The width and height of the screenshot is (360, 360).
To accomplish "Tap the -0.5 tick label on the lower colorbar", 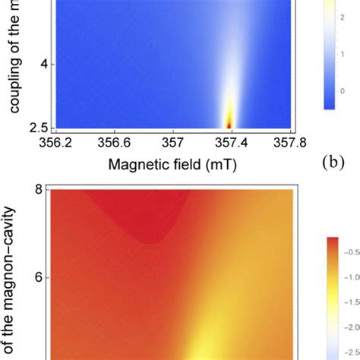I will click(x=351, y=276).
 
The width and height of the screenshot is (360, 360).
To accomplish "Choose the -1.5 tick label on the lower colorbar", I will click(x=351, y=324).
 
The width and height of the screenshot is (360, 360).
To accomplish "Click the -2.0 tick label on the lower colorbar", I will click(x=351, y=348).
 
